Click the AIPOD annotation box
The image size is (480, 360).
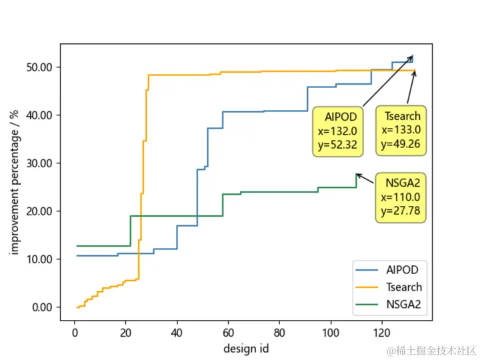pyautogui.click(x=339, y=131)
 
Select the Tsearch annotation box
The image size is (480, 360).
pyautogui.click(x=401, y=130)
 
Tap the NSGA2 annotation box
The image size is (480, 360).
pyautogui.click(x=401, y=197)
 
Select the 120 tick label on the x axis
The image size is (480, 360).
pyautogui.click(x=382, y=333)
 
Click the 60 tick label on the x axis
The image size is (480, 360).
pyautogui.click(x=228, y=333)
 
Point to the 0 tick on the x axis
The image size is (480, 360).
pyautogui.click(x=75, y=333)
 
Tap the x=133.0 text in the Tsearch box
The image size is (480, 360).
pyautogui.click(x=401, y=130)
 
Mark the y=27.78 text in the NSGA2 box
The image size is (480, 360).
pyautogui.click(x=401, y=211)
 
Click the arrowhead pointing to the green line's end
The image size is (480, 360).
pyautogui.click(x=358, y=175)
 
